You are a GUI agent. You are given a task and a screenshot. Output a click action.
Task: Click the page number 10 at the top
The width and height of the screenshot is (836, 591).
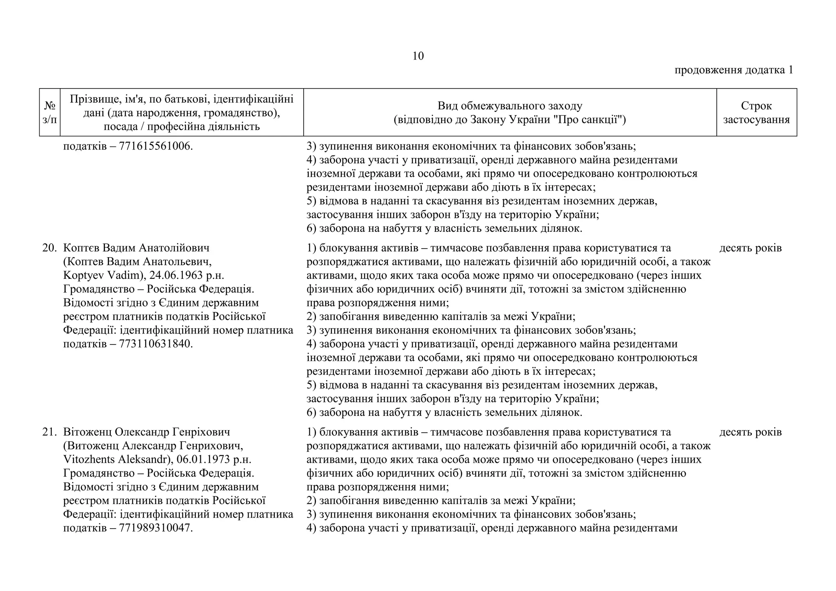[418, 56]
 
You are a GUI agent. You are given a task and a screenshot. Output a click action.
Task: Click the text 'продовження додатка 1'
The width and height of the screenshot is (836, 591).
[734, 70]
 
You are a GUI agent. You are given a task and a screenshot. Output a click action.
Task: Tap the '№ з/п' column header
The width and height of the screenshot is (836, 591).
[50, 113]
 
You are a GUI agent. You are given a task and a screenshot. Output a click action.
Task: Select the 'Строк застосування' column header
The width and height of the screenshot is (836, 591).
[756, 113]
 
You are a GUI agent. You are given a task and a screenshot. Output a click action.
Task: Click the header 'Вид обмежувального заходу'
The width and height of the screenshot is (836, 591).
[510, 106]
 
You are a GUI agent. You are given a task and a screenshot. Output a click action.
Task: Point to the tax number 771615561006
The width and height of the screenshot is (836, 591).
[155, 146]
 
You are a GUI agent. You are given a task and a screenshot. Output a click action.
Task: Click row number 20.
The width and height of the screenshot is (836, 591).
[49, 248]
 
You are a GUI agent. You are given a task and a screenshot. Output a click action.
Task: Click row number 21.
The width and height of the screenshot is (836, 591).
[49, 432]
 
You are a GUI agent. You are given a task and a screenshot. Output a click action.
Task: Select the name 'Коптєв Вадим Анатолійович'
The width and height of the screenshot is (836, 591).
[136, 248]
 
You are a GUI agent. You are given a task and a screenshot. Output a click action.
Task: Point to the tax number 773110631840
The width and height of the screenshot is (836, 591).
[155, 344]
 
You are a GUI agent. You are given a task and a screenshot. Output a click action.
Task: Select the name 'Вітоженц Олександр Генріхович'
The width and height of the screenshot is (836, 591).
[147, 432]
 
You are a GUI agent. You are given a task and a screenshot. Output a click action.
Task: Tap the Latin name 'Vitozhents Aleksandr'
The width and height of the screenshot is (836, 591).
[116, 460]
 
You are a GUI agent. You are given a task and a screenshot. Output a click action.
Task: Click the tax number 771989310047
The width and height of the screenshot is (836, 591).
[155, 528]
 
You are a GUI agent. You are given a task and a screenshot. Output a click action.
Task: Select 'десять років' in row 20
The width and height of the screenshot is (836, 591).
[750, 248]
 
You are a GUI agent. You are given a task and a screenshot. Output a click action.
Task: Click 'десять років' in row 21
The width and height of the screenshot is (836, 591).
[750, 432]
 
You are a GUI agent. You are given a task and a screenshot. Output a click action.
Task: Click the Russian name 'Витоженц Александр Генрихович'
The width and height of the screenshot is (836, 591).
[155, 446]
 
